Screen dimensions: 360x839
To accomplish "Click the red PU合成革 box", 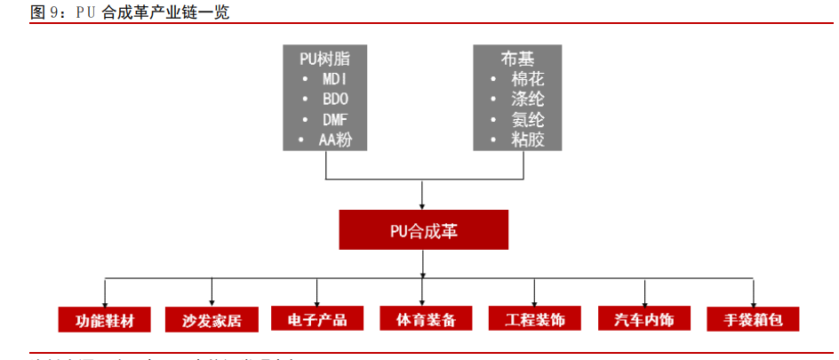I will tap(423, 230).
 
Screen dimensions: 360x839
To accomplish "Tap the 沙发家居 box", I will tap(211, 319).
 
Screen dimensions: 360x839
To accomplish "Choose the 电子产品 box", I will tap(317, 319).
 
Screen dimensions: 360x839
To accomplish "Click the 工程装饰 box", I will tap(534, 319).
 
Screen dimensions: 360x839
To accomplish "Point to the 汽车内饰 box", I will tap(644, 319).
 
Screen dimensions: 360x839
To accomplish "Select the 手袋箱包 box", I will tap(753, 319).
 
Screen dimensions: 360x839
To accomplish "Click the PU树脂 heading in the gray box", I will tap(324, 58).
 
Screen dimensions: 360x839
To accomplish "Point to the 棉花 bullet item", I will tap(527, 78).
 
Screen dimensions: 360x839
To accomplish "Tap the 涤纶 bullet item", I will tap(527, 99).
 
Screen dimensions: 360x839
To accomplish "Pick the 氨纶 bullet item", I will tap(527, 119).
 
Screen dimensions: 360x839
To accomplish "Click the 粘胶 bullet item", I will tap(527, 140).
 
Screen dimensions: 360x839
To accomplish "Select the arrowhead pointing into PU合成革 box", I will tap(423, 204).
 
